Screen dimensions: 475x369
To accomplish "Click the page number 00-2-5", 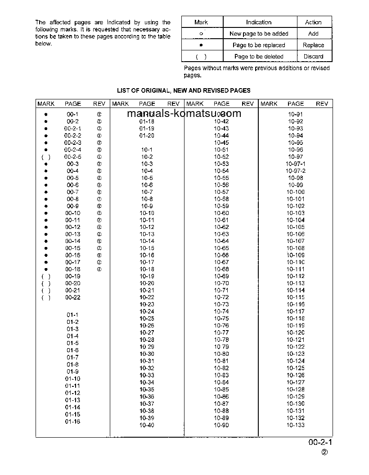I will click(72, 157).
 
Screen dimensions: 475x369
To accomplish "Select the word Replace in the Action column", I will click(313, 45).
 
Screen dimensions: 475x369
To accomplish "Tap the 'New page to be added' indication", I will click(259, 34).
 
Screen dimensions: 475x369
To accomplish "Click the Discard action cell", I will click(313, 57).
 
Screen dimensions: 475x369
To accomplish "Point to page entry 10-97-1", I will click(295, 164).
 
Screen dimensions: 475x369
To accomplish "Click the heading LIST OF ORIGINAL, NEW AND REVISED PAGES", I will click(184, 90).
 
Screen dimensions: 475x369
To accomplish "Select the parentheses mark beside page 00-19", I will click(46, 277).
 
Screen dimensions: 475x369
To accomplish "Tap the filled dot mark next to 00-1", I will click(46, 115).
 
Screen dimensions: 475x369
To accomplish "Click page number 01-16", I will click(72, 421).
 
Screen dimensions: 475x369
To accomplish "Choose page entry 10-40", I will click(147, 426).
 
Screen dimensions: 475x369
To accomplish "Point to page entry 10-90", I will click(221, 426).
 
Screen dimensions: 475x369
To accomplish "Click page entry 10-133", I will click(295, 426).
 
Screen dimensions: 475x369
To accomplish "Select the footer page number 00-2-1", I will click(320, 443).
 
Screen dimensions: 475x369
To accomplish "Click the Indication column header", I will click(259, 22).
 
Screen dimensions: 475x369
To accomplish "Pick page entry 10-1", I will click(147, 150).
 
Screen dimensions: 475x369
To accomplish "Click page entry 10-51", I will click(221, 150).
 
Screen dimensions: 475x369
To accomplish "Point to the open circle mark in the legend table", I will click(201, 34).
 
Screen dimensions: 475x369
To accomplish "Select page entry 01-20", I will click(147, 136).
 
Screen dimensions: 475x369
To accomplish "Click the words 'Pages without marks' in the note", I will click(207, 68).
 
